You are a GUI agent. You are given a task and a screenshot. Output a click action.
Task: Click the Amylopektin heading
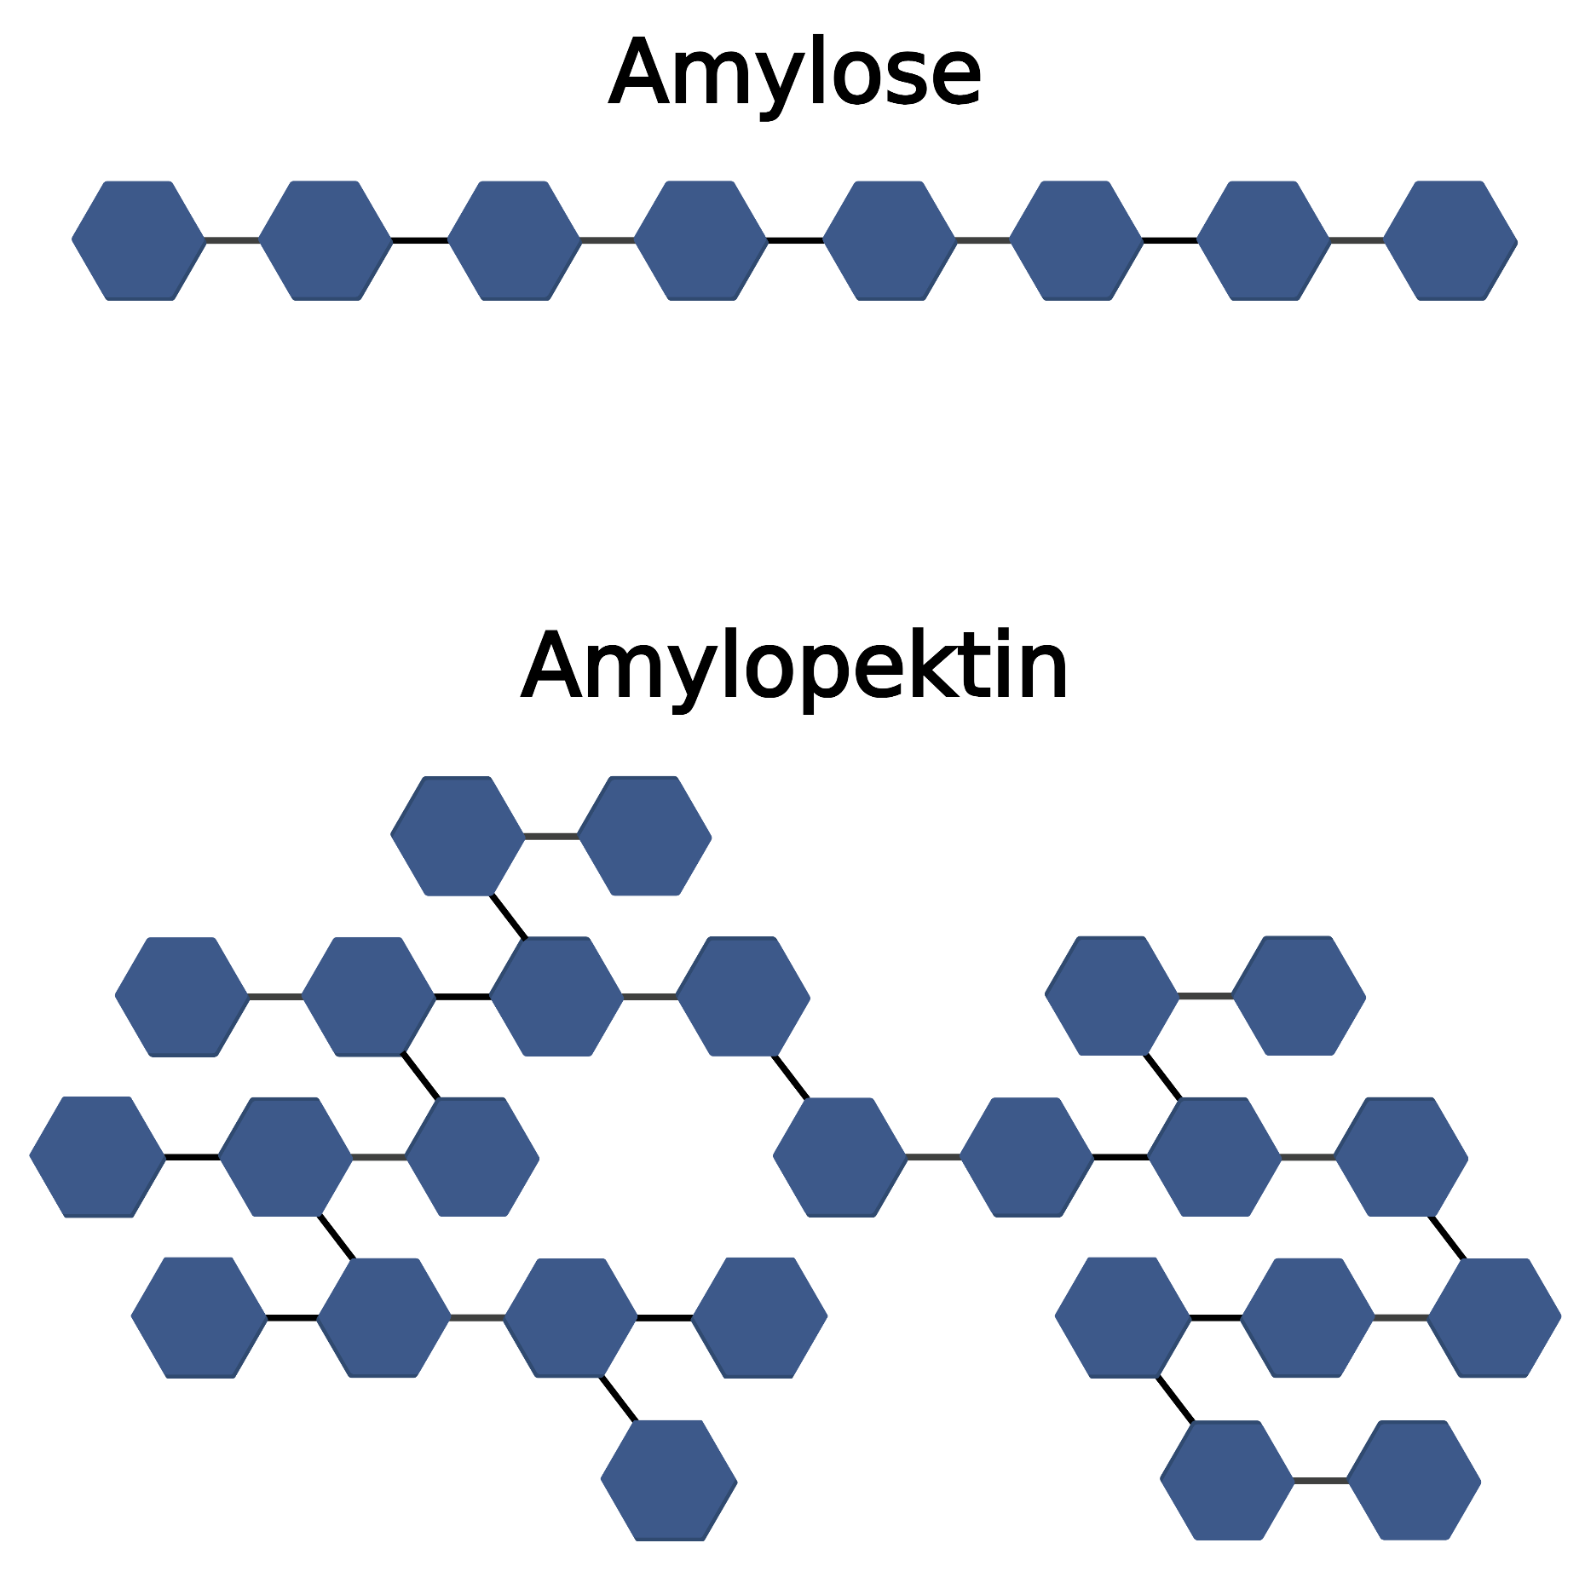click(794, 668)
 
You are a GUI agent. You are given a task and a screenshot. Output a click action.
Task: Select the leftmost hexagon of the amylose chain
click(139, 240)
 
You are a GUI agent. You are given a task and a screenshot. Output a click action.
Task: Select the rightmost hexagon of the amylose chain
click(1450, 240)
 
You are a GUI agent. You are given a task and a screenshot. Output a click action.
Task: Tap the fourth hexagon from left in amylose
click(701, 240)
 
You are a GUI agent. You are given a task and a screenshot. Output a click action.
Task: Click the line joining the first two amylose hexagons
click(232, 240)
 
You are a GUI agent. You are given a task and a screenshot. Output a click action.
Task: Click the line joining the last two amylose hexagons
click(1357, 240)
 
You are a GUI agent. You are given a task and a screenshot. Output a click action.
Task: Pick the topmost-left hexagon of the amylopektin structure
click(458, 836)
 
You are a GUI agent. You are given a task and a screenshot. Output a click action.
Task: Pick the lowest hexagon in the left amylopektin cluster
click(669, 1480)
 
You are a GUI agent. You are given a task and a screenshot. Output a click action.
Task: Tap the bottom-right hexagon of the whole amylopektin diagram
click(1414, 1480)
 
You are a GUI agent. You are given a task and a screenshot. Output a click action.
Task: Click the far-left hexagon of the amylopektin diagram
click(97, 1157)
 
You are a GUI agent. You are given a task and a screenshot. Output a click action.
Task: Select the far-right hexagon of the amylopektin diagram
click(1494, 1317)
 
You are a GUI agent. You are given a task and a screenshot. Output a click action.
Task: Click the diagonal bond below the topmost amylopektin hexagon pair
click(508, 916)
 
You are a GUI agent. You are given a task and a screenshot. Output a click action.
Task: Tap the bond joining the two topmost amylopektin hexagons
click(550, 837)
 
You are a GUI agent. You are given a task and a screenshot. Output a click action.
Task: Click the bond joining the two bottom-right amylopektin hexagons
click(1320, 1481)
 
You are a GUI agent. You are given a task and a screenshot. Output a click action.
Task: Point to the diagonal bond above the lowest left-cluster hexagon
click(619, 1399)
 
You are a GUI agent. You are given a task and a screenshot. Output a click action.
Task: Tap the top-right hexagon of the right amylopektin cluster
click(1299, 996)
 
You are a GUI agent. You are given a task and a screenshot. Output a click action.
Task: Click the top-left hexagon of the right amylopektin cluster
click(1112, 996)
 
